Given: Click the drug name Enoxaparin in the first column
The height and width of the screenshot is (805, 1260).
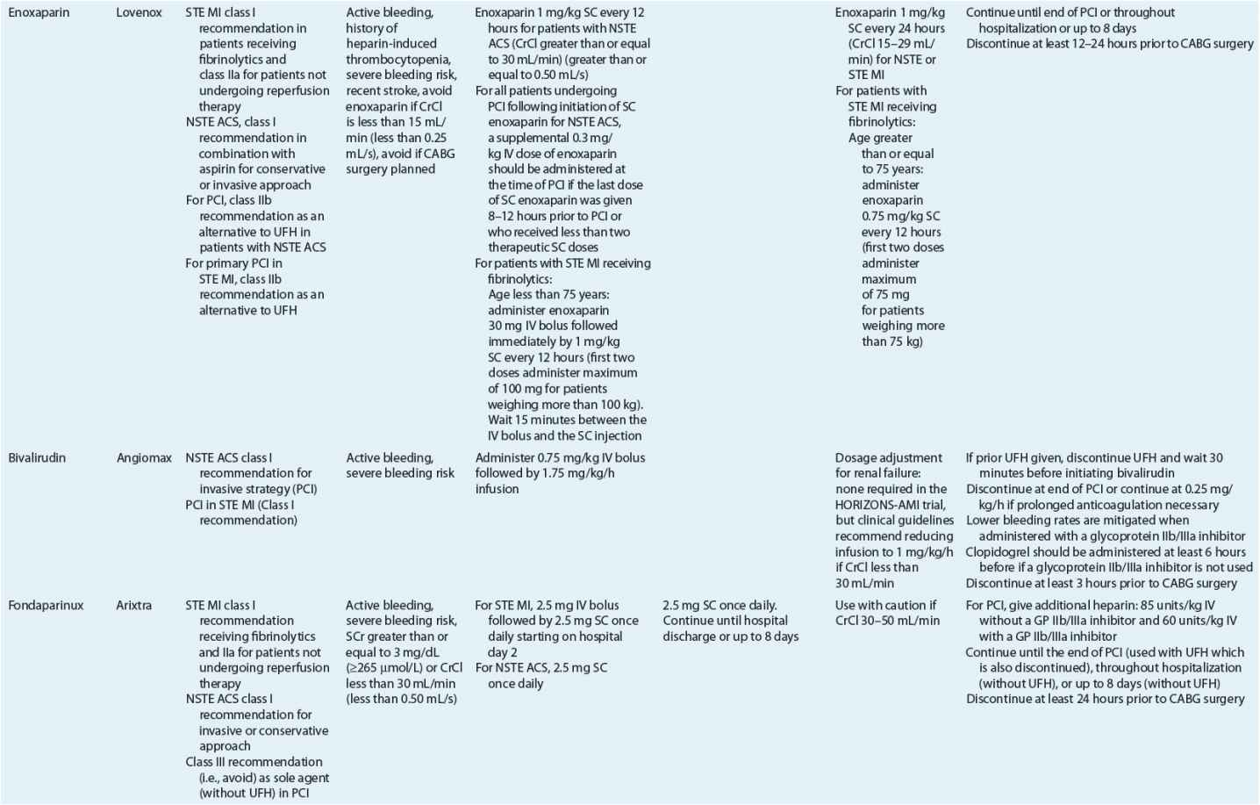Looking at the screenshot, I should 39,13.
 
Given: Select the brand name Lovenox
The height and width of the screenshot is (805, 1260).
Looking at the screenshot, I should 139,13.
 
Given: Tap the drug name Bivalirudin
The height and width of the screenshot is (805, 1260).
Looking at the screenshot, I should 37,458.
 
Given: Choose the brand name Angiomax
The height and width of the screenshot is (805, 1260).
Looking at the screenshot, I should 144,458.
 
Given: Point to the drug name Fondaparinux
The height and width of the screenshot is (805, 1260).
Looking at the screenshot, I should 46,606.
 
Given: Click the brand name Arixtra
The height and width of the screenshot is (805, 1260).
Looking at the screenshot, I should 134,606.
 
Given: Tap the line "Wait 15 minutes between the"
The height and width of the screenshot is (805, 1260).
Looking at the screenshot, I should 567,420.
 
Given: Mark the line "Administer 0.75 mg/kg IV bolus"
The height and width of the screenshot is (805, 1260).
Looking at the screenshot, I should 560,458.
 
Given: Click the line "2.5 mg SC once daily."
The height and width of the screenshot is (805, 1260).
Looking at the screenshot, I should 719,606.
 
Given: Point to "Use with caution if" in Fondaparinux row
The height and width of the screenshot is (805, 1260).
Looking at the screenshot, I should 885,606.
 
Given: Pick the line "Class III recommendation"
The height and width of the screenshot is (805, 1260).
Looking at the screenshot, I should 254,762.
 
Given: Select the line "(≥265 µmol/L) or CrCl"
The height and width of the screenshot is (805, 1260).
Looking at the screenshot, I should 404,668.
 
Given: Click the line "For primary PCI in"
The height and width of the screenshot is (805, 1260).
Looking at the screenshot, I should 234,263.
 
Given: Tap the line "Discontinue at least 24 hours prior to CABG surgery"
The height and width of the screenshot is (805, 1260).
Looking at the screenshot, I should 1105,700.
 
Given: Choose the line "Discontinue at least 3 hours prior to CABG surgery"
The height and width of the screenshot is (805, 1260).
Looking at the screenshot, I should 1101,584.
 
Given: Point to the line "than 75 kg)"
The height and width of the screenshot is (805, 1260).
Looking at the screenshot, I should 891,341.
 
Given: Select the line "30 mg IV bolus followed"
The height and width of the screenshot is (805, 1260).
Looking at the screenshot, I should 553,326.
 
